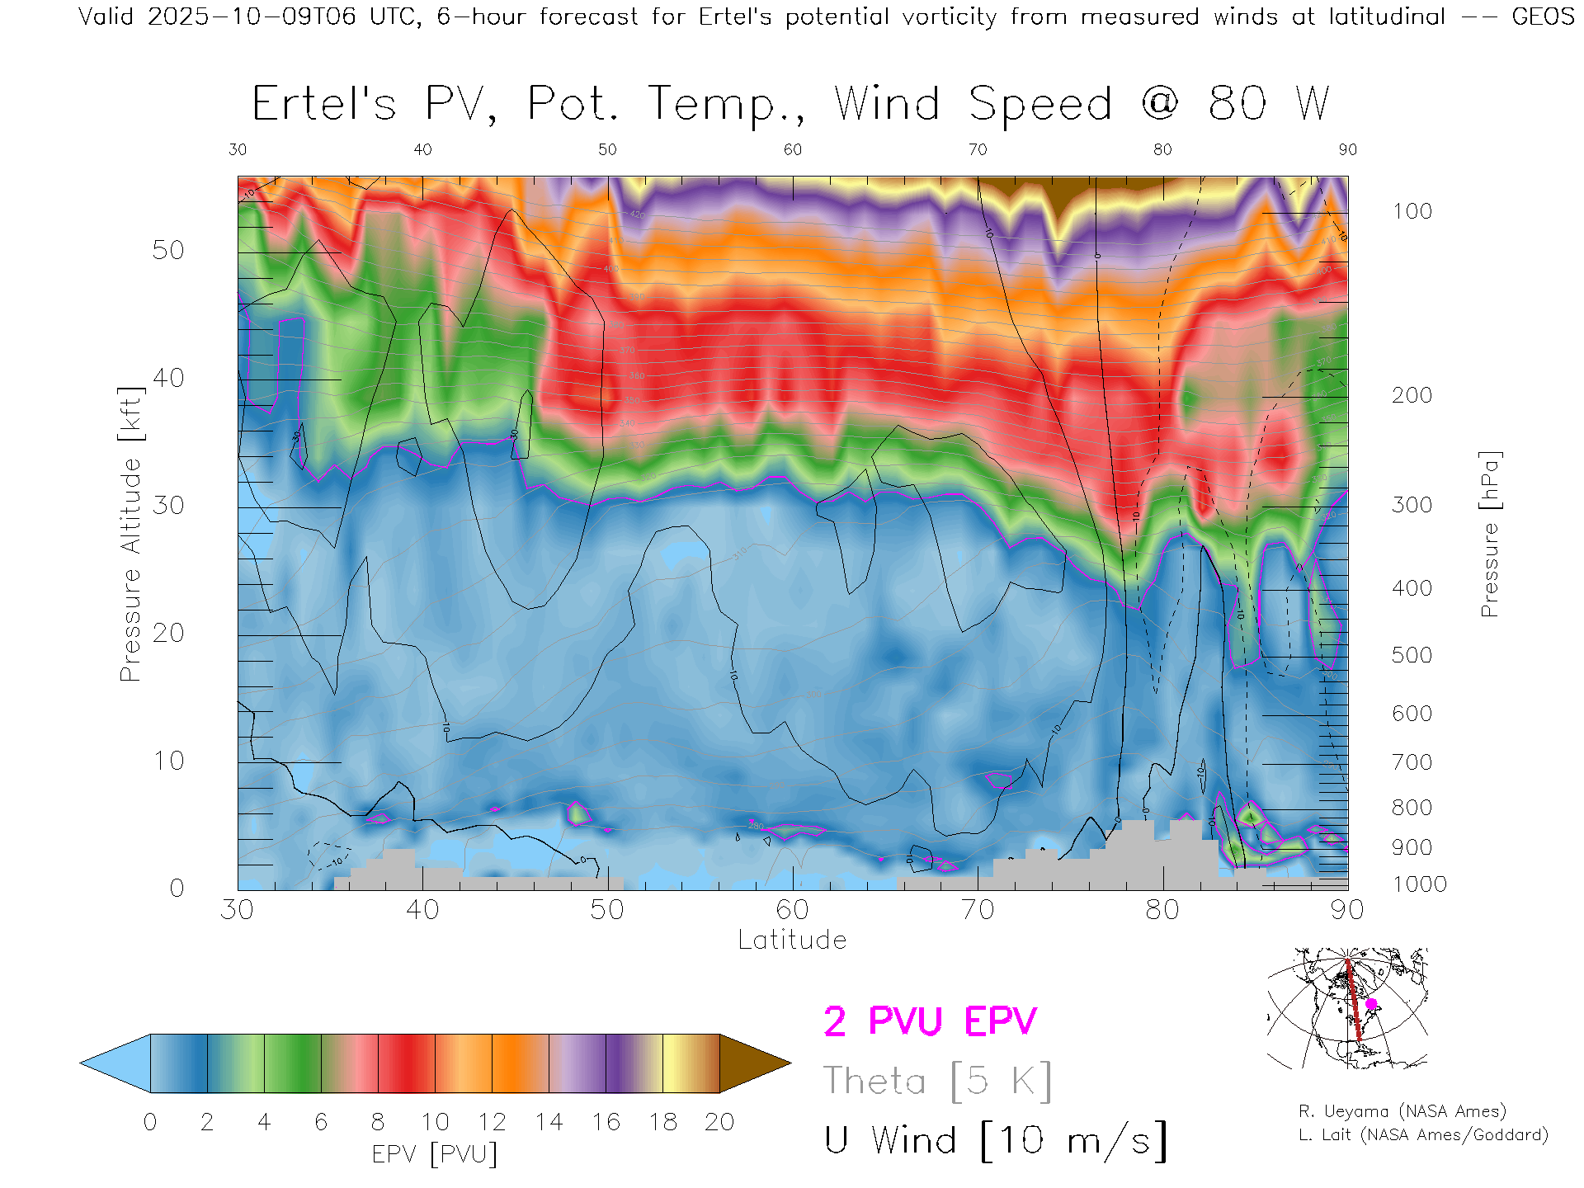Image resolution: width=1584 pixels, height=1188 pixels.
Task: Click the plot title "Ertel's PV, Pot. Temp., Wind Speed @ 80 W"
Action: coord(790,105)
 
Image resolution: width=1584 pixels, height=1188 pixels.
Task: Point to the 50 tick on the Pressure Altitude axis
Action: coord(167,250)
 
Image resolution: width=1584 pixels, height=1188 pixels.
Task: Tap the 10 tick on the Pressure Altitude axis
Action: coord(167,760)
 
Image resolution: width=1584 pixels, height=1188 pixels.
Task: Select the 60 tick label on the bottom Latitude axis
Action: coord(792,910)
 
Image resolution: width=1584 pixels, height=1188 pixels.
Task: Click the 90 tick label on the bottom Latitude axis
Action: coord(1347,910)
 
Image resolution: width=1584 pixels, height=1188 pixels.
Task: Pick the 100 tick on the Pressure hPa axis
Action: coord(1412,211)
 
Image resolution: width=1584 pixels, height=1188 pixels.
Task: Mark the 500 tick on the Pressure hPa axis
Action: coord(1412,655)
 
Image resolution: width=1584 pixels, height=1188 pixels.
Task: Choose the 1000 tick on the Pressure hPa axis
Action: coord(1419,884)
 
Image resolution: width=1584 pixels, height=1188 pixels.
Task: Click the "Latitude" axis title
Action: coord(792,940)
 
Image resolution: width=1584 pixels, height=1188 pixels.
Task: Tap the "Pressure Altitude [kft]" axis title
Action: coord(130,534)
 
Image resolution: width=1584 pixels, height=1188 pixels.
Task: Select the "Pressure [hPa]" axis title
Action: coord(1490,534)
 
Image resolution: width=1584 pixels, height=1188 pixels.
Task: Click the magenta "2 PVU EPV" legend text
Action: coord(930,1021)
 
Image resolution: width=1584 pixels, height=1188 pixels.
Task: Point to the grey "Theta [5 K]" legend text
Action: coord(937,1081)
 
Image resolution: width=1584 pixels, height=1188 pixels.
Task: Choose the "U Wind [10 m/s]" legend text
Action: coord(995,1141)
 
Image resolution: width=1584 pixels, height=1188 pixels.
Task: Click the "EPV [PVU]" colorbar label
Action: coord(435,1154)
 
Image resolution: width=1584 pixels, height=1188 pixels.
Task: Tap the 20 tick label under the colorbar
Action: coord(719,1122)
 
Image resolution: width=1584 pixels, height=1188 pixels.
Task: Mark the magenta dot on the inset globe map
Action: coord(1371,1004)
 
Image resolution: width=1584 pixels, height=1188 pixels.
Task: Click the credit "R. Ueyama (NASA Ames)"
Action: coord(1402,1111)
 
